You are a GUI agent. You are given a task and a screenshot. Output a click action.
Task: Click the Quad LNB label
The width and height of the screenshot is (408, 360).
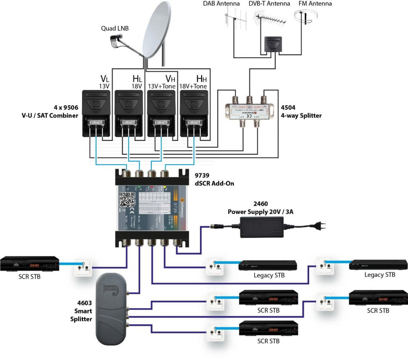[115, 28]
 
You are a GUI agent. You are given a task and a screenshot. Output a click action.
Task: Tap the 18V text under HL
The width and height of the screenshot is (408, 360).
[137, 86]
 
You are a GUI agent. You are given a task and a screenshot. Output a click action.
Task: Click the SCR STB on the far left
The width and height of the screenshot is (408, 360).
[29, 264]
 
